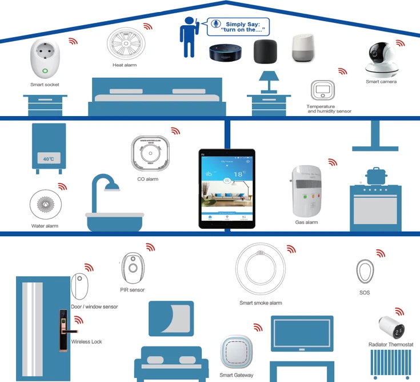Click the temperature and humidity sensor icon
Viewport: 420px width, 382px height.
click(322, 91)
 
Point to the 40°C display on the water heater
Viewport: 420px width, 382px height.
click(48, 158)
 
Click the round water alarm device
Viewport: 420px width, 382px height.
click(45, 205)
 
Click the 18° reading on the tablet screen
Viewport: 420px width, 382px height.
click(237, 174)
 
